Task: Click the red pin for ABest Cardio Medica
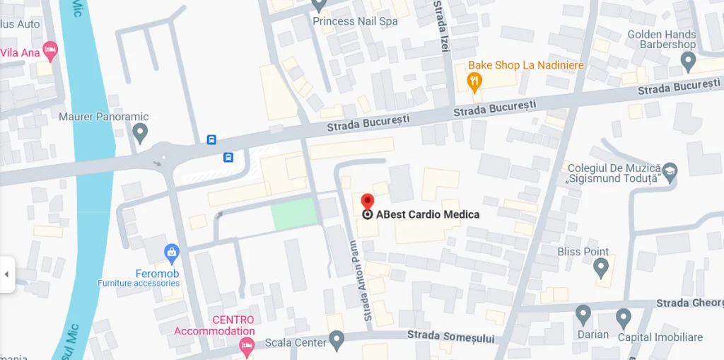coord(367,202)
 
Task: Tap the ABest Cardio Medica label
coord(428,214)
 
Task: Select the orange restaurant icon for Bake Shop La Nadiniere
coord(474,83)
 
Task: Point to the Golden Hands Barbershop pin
coord(688,62)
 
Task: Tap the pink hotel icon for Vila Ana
coord(49,50)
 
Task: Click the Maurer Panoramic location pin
coord(140,132)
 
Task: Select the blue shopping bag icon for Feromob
coord(171,252)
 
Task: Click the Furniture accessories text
coord(139,284)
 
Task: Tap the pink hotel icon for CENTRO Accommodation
coord(246,346)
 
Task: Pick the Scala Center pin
coord(337,341)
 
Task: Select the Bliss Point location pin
coord(601,267)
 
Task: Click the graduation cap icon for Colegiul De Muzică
coord(669,170)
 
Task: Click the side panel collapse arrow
coord(6,274)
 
